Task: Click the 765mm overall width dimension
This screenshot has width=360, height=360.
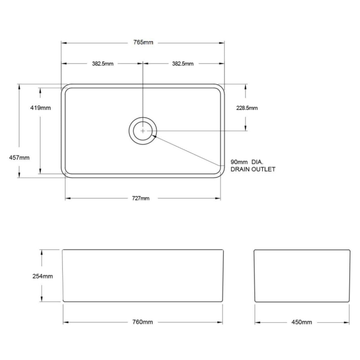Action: (143, 42)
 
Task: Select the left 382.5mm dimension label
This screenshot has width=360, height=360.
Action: (103, 64)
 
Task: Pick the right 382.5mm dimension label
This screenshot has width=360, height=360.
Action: (182, 64)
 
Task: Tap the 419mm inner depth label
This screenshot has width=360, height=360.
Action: (40, 108)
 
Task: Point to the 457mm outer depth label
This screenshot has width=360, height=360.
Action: (19, 158)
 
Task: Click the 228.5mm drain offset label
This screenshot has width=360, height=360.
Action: (247, 108)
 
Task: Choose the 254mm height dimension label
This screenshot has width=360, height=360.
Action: (43, 276)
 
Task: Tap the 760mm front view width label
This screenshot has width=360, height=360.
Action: (142, 322)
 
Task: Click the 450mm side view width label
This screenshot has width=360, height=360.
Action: (301, 322)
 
